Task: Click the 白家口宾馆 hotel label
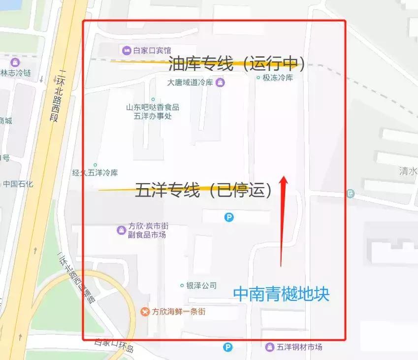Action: coord(152,50)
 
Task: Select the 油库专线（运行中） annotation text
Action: coord(236,64)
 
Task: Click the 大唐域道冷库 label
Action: coord(190,82)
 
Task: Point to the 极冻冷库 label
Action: coord(278,78)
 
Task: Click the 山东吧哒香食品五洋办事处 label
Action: coord(153,112)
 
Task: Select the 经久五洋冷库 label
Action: coord(95,173)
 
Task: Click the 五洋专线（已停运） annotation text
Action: coord(203,191)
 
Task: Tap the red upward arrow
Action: coord(283,222)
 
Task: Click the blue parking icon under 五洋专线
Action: coord(229,217)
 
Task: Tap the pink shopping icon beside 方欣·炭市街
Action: coord(121,230)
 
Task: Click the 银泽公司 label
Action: coord(201,286)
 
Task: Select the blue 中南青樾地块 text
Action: coord(281,295)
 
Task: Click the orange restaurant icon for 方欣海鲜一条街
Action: coord(145,311)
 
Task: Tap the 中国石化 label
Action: coord(18,184)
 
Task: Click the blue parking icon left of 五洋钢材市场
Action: coord(227,347)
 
